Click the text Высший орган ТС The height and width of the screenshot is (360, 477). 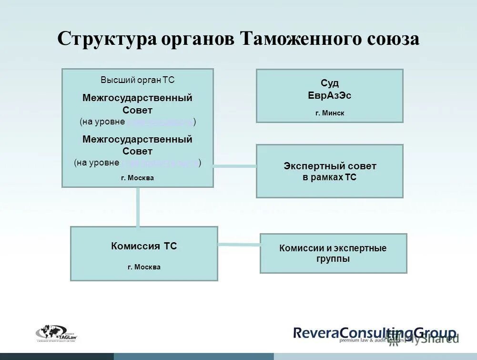pyautogui.click(x=137, y=80)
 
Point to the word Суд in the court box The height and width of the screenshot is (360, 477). pyautogui.click(x=329, y=83)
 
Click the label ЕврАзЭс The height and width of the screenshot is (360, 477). pyautogui.click(x=329, y=95)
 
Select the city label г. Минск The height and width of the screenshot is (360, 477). pyautogui.click(x=329, y=113)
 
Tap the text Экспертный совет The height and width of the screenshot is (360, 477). pyautogui.click(x=330, y=166)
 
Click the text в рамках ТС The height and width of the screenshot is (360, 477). pyautogui.click(x=330, y=177)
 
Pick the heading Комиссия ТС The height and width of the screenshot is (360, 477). pyautogui.click(x=144, y=247)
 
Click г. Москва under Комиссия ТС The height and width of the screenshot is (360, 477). pyautogui.click(x=144, y=267)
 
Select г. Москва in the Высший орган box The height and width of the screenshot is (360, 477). pyautogui.click(x=137, y=178)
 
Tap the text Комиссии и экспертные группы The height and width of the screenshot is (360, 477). pyautogui.click(x=333, y=253)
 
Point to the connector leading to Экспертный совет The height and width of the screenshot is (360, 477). pyautogui.click(x=234, y=166)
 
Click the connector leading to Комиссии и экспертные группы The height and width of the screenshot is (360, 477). pyautogui.click(x=238, y=245)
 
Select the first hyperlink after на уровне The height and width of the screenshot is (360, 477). pyautogui.click(x=160, y=122)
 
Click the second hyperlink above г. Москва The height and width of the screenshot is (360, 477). pyautogui.click(x=160, y=163)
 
